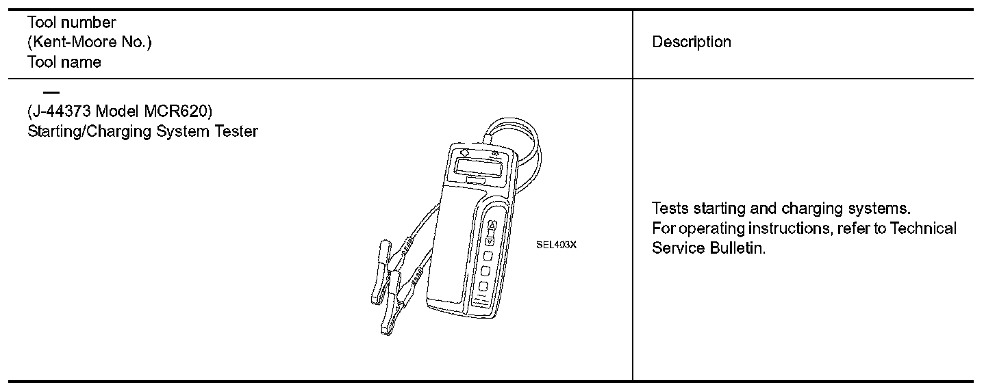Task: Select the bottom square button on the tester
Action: tap(483, 286)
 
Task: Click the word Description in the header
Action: tap(692, 42)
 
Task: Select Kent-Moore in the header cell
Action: tap(72, 42)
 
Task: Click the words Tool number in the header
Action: tap(72, 23)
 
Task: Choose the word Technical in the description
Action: tap(923, 228)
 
